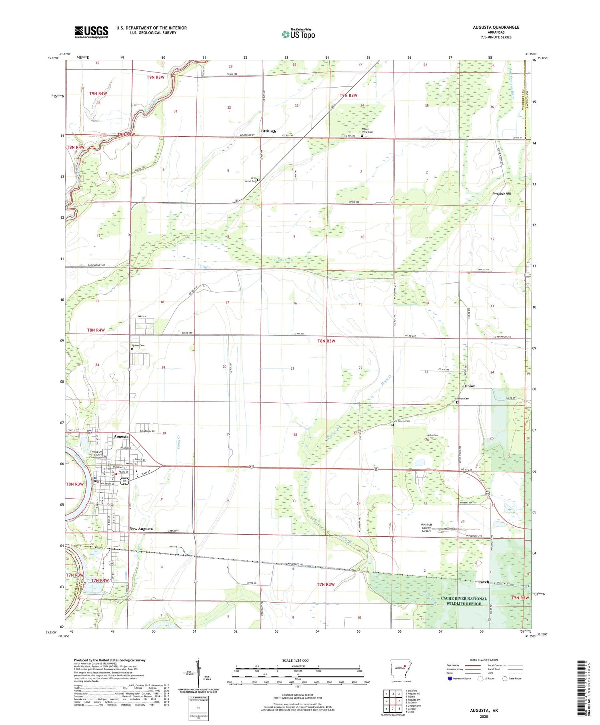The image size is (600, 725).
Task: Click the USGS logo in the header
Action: point(91,32)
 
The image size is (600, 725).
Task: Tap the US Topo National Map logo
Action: point(298,34)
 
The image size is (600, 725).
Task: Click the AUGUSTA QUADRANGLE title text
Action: point(496,27)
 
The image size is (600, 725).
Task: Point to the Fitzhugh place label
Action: point(268,131)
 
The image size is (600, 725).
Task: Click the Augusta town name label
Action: point(121,437)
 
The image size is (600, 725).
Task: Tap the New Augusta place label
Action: point(141,529)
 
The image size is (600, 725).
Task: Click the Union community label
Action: point(470,386)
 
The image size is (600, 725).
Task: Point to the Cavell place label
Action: point(484,582)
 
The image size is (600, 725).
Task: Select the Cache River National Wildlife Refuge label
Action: point(464,601)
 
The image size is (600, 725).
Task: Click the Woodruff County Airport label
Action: point(426,528)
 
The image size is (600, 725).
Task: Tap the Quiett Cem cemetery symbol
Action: point(132,349)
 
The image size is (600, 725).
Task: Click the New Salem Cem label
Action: point(401,421)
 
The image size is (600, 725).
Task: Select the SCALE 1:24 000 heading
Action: point(295,661)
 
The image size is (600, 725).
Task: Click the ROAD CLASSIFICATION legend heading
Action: point(484,660)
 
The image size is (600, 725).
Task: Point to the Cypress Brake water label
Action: point(283,260)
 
